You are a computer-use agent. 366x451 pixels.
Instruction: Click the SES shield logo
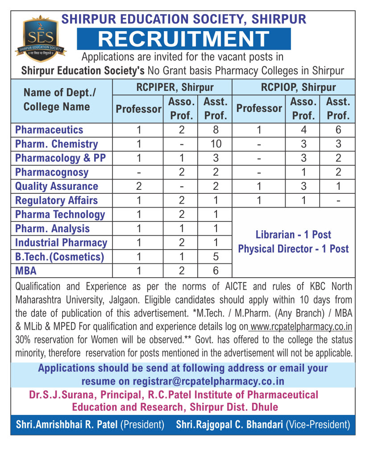pos(40,37)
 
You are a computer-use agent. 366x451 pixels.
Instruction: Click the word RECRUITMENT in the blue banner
pos(183,39)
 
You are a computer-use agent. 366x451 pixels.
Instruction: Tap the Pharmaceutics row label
pos(49,130)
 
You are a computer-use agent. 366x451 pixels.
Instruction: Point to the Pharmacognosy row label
pos(52,172)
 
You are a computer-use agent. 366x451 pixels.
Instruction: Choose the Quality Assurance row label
pos(56,186)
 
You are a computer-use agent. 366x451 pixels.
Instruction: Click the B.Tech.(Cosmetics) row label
pos(59,257)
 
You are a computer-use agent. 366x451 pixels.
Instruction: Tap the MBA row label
pos(26,271)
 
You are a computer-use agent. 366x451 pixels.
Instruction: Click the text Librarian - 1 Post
pos(293,235)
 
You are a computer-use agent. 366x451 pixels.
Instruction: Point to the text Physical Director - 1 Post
pos(293,249)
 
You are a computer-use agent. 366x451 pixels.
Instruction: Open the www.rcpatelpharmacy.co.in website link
pos(301,327)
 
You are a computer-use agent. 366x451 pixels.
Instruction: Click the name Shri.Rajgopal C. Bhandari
pos(229,425)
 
